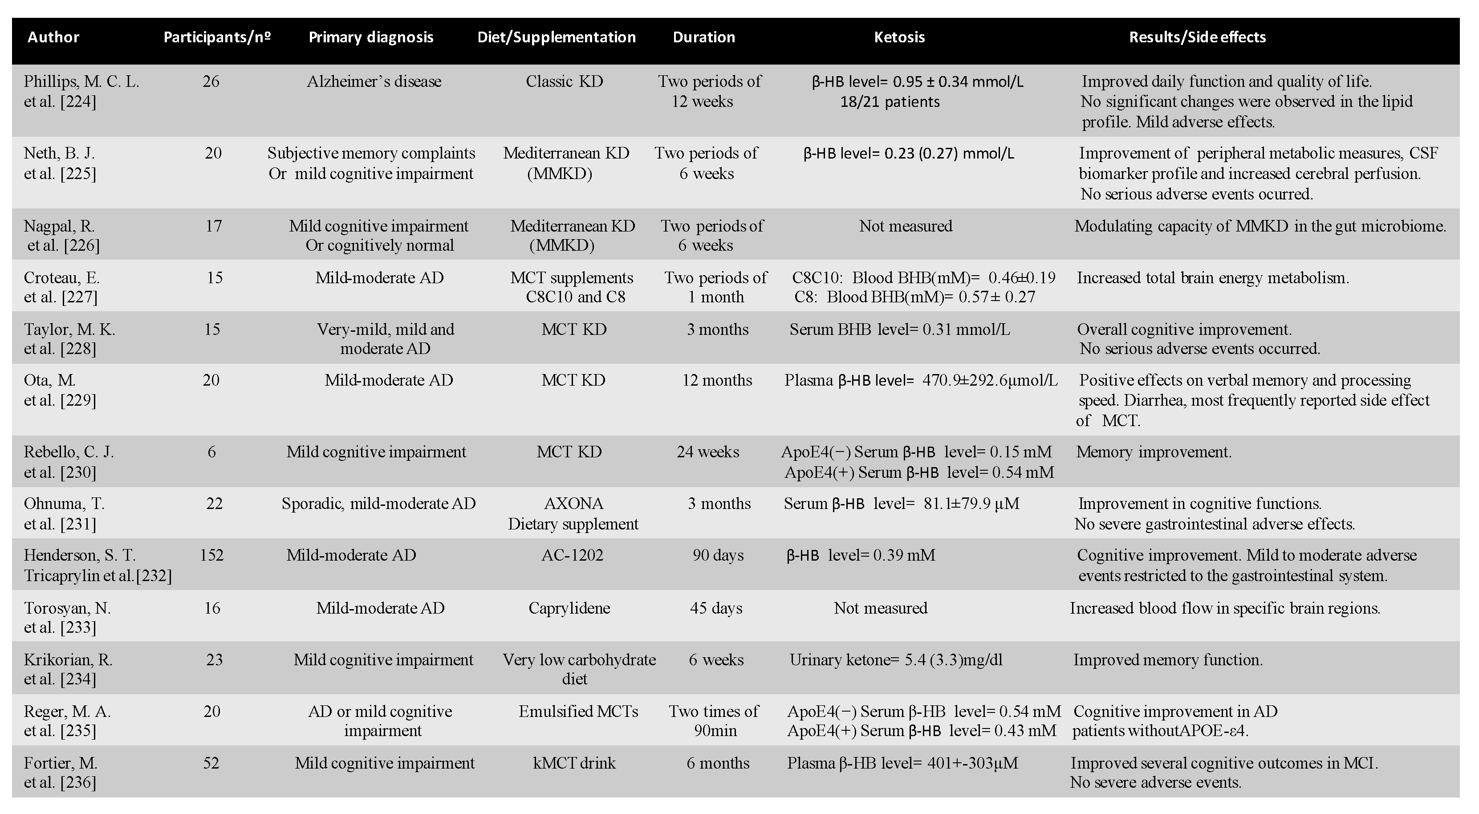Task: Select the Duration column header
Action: [703, 37]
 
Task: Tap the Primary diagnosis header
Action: [371, 37]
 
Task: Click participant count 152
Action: [211, 555]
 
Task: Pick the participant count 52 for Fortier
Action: [211, 763]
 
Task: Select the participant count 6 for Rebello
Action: [211, 452]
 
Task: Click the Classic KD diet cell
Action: [565, 81]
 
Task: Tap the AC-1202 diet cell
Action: [573, 555]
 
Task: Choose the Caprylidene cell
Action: [569, 608]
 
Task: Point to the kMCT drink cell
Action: [574, 763]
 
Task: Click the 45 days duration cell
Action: [716, 608]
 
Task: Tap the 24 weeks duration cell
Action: [707, 452]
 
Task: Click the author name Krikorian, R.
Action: [68, 659]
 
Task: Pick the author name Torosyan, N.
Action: [67, 608]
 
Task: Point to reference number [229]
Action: [78, 400]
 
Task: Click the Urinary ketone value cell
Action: [896, 659]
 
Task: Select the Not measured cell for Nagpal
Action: [906, 226]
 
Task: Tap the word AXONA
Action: [573, 503]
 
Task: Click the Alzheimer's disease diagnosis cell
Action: [374, 81]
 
